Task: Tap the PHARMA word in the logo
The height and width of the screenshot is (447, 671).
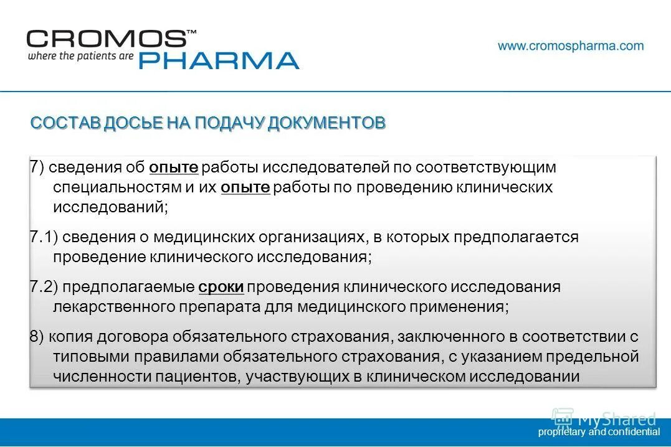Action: click(218, 60)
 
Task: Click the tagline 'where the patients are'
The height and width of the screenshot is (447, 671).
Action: click(80, 56)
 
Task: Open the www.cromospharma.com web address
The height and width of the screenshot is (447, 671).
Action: click(571, 45)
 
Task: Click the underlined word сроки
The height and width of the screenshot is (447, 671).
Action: click(221, 287)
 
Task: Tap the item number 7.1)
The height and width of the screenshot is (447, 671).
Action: click(44, 237)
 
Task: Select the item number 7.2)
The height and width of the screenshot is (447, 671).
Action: click(44, 287)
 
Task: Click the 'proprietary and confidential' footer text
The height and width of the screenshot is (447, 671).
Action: click(599, 431)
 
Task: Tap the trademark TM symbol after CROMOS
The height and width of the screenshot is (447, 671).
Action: click(192, 31)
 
